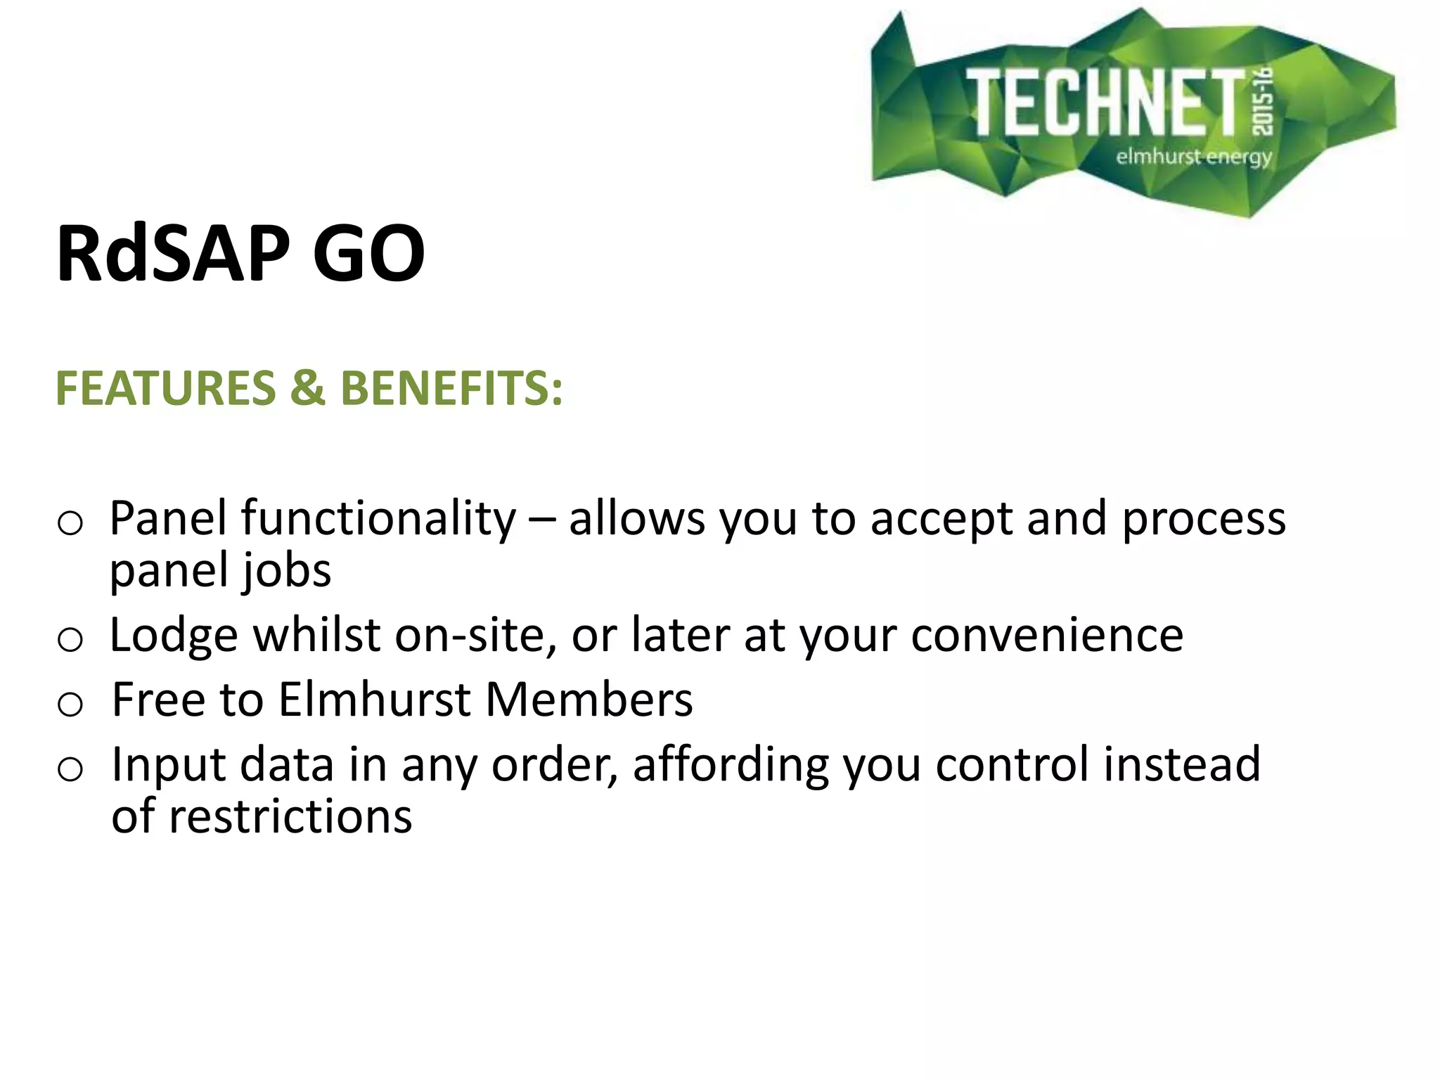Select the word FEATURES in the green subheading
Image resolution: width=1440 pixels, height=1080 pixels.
click(166, 388)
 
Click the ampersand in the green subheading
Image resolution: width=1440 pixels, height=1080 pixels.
click(308, 388)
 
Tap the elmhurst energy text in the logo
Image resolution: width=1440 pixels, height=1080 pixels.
click(1194, 156)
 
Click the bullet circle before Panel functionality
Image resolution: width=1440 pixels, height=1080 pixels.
click(70, 523)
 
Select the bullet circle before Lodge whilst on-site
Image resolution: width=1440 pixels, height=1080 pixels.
click(70, 640)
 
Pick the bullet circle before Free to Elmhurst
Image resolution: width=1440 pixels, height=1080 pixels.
click(70, 704)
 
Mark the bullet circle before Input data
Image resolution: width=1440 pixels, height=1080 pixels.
click(70, 769)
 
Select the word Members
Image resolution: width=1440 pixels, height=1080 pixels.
click(589, 700)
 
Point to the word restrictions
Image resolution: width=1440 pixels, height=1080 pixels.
click(290, 817)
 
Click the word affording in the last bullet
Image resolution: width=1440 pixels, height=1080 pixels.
click(731, 765)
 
